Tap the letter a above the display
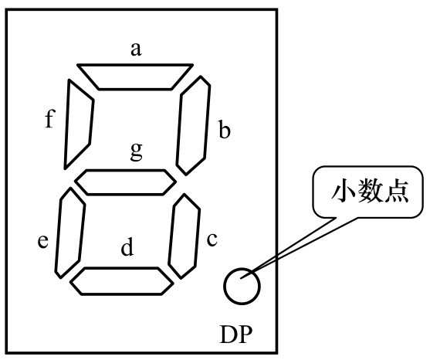tap(136, 49)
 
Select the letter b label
tap(225, 129)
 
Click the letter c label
tap(212, 239)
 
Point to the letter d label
tap(127, 247)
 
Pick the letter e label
tap(43, 242)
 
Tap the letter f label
tap(50, 118)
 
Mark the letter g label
tap(137, 152)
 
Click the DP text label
tap(236, 335)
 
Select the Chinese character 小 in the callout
tap(344, 191)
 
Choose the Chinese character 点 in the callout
tap(397, 191)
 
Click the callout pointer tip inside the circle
tap(241, 278)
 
